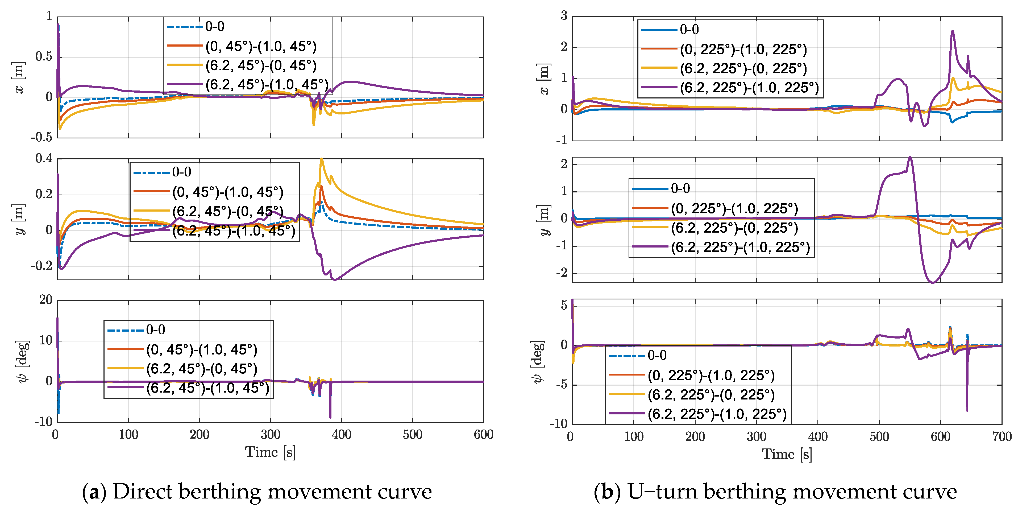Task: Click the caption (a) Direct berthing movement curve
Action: point(257,492)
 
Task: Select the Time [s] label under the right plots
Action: point(786,454)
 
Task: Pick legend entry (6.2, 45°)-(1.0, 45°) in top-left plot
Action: point(267,85)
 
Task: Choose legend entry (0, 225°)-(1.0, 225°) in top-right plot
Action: point(743,50)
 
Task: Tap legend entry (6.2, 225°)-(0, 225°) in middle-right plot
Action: point(734,228)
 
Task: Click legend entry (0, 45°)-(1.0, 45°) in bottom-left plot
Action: point(202,350)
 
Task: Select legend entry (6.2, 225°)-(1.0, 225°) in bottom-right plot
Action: point(717,414)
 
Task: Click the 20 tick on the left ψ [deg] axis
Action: point(45,300)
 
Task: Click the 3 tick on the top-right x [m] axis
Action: point(564,16)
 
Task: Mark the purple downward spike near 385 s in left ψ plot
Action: point(330,417)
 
